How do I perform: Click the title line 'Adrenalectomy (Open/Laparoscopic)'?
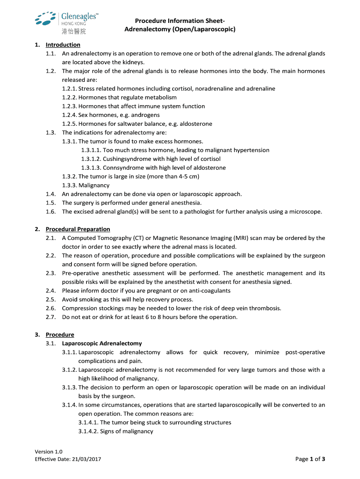pos(180,29)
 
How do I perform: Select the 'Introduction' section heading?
pos(63,45)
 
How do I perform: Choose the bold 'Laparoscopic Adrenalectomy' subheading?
pos(102,343)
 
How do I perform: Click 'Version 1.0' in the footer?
pos(49,451)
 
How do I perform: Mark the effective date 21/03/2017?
pos(86,459)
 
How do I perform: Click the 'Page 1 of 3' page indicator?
pos(310,459)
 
